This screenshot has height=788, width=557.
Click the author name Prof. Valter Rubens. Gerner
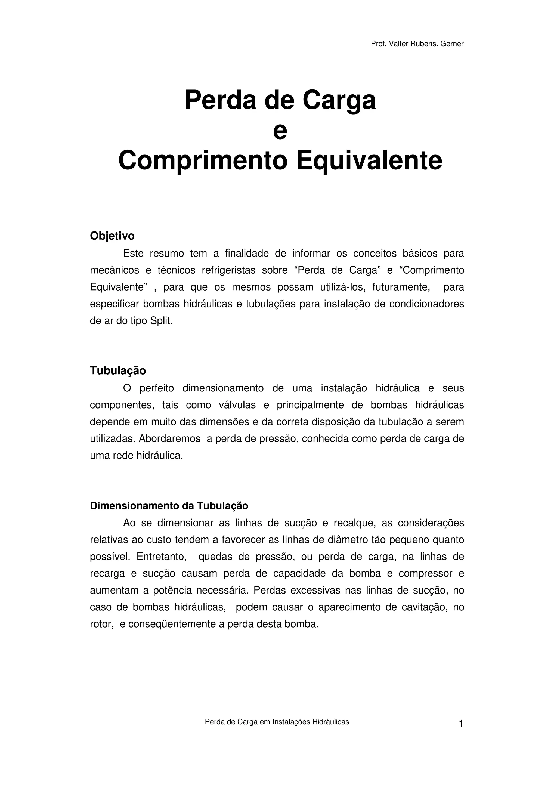point(417,44)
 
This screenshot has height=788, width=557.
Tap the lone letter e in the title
point(280,131)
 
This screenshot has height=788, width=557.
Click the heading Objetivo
point(112,236)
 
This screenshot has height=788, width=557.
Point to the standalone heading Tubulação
point(118,371)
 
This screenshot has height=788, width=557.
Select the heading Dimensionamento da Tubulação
point(169,506)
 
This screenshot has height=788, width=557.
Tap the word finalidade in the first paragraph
point(246,254)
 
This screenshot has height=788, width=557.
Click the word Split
point(161,321)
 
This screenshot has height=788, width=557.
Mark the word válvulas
point(237,405)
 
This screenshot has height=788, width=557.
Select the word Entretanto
point(161,557)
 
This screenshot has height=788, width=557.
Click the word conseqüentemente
point(172,624)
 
